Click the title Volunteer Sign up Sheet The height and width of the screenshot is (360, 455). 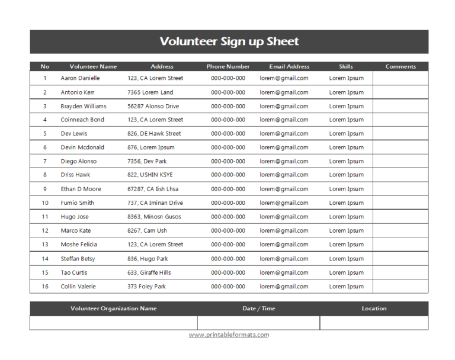click(x=229, y=41)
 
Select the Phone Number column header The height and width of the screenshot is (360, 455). click(x=228, y=66)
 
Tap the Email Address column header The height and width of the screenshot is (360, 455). click(x=289, y=66)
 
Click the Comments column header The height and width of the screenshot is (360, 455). click(x=400, y=66)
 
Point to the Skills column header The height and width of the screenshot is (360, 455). click(x=346, y=66)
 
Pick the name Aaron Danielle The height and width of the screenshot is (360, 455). click(x=80, y=78)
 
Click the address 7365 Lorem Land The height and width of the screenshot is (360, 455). click(x=150, y=92)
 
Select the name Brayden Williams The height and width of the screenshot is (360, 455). click(x=84, y=107)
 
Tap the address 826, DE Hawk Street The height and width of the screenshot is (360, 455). click(x=154, y=134)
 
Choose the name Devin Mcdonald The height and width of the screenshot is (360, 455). click(x=82, y=147)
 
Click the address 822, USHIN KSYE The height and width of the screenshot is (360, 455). click(x=150, y=175)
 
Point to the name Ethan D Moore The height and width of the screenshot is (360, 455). click(x=81, y=189)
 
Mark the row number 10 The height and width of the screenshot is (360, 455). click(x=44, y=202)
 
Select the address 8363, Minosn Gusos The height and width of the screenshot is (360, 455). click(x=154, y=217)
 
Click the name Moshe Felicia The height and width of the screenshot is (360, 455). click(x=79, y=245)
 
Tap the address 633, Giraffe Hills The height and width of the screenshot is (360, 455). click(x=149, y=272)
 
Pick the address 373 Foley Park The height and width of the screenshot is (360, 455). click(x=146, y=287)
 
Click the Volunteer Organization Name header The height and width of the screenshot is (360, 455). click(x=113, y=308)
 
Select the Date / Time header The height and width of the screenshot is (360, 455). click(x=259, y=308)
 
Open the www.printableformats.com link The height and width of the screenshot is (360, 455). click(x=229, y=335)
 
